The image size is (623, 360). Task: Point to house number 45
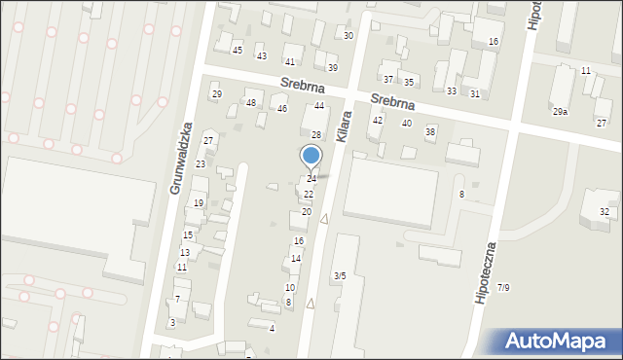pos(237,50)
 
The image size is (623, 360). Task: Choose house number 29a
pos(560,112)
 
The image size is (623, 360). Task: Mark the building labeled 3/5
pos(339,276)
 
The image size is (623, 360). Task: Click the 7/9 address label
pos(503,287)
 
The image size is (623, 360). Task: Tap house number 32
pos(605,212)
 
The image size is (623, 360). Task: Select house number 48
pos(251,103)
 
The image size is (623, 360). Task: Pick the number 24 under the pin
pos(311,179)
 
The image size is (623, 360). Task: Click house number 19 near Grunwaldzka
pos(198,203)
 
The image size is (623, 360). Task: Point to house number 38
pos(430,131)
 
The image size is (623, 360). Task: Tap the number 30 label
pos(348,36)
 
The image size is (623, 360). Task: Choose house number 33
pos(451,91)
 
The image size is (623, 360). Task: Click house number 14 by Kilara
pos(296,259)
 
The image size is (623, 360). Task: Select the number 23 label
pos(201,164)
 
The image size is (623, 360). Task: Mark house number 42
pos(378,120)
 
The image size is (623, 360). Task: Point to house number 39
pos(332,68)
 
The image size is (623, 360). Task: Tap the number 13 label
pos(184,253)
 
